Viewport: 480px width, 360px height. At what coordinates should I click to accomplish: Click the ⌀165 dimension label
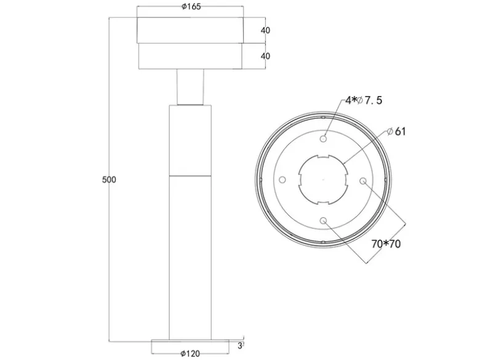[191, 6]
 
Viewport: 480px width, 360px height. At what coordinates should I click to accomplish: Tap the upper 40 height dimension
[265, 30]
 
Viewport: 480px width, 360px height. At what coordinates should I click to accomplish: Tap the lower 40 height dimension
[265, 56]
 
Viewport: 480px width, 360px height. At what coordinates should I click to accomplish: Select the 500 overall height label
[109, 180]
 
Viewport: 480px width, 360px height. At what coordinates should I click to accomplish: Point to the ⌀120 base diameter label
[190, 354]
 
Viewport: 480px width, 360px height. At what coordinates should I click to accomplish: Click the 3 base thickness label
[240, 346]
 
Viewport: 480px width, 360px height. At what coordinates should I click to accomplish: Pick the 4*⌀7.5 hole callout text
[364, 100]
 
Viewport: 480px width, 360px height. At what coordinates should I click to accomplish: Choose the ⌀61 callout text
[396, 131]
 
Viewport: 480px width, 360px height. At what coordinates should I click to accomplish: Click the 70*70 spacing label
[386, 244]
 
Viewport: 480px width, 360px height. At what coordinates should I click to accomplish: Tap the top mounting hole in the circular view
[323, 139]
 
